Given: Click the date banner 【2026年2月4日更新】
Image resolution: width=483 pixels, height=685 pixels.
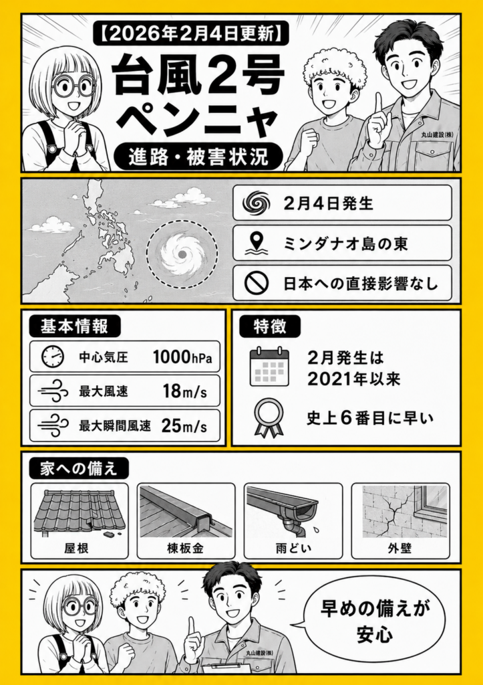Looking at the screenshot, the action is point(190,33).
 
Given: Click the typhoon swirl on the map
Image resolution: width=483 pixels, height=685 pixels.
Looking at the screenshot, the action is point(182,254).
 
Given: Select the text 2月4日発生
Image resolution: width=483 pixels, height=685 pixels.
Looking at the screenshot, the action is point(328,203).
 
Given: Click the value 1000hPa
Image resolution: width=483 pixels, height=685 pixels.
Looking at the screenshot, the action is point(182,357).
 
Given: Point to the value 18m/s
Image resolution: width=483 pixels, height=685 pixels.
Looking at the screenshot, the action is point(184,391).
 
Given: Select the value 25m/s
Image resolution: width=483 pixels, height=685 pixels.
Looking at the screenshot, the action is point(184,425).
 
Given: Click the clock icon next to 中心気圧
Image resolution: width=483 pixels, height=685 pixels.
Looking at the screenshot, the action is point(53,357).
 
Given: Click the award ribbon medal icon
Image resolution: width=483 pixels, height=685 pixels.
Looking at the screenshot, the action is point(269,417).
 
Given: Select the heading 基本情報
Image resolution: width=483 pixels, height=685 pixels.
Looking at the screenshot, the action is point(74,327).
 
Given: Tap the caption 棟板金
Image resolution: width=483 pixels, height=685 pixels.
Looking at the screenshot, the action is point(186,548).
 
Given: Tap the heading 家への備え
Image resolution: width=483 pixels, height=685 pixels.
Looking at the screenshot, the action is point(79,469).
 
